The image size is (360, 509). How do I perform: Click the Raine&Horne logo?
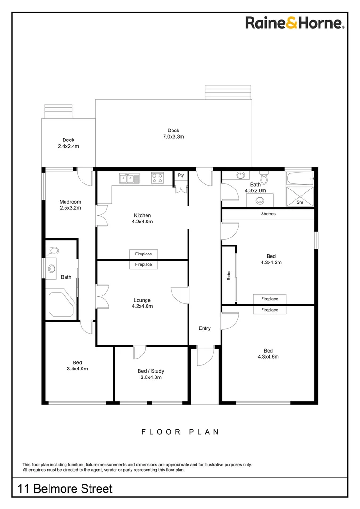295,23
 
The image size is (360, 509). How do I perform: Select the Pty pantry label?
180,175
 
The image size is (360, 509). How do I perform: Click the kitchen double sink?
129,178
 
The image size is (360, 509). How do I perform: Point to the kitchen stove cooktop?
157,178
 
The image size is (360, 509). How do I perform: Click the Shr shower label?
300,202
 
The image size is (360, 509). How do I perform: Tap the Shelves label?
268,214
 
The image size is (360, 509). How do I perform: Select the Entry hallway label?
205,328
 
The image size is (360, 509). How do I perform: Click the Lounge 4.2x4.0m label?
142,303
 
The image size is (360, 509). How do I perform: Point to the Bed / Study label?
151,374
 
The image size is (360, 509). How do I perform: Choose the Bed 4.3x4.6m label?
268,353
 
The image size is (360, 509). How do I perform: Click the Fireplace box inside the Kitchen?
143,254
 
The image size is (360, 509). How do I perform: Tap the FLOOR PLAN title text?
180,432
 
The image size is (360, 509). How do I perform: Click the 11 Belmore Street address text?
65,489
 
